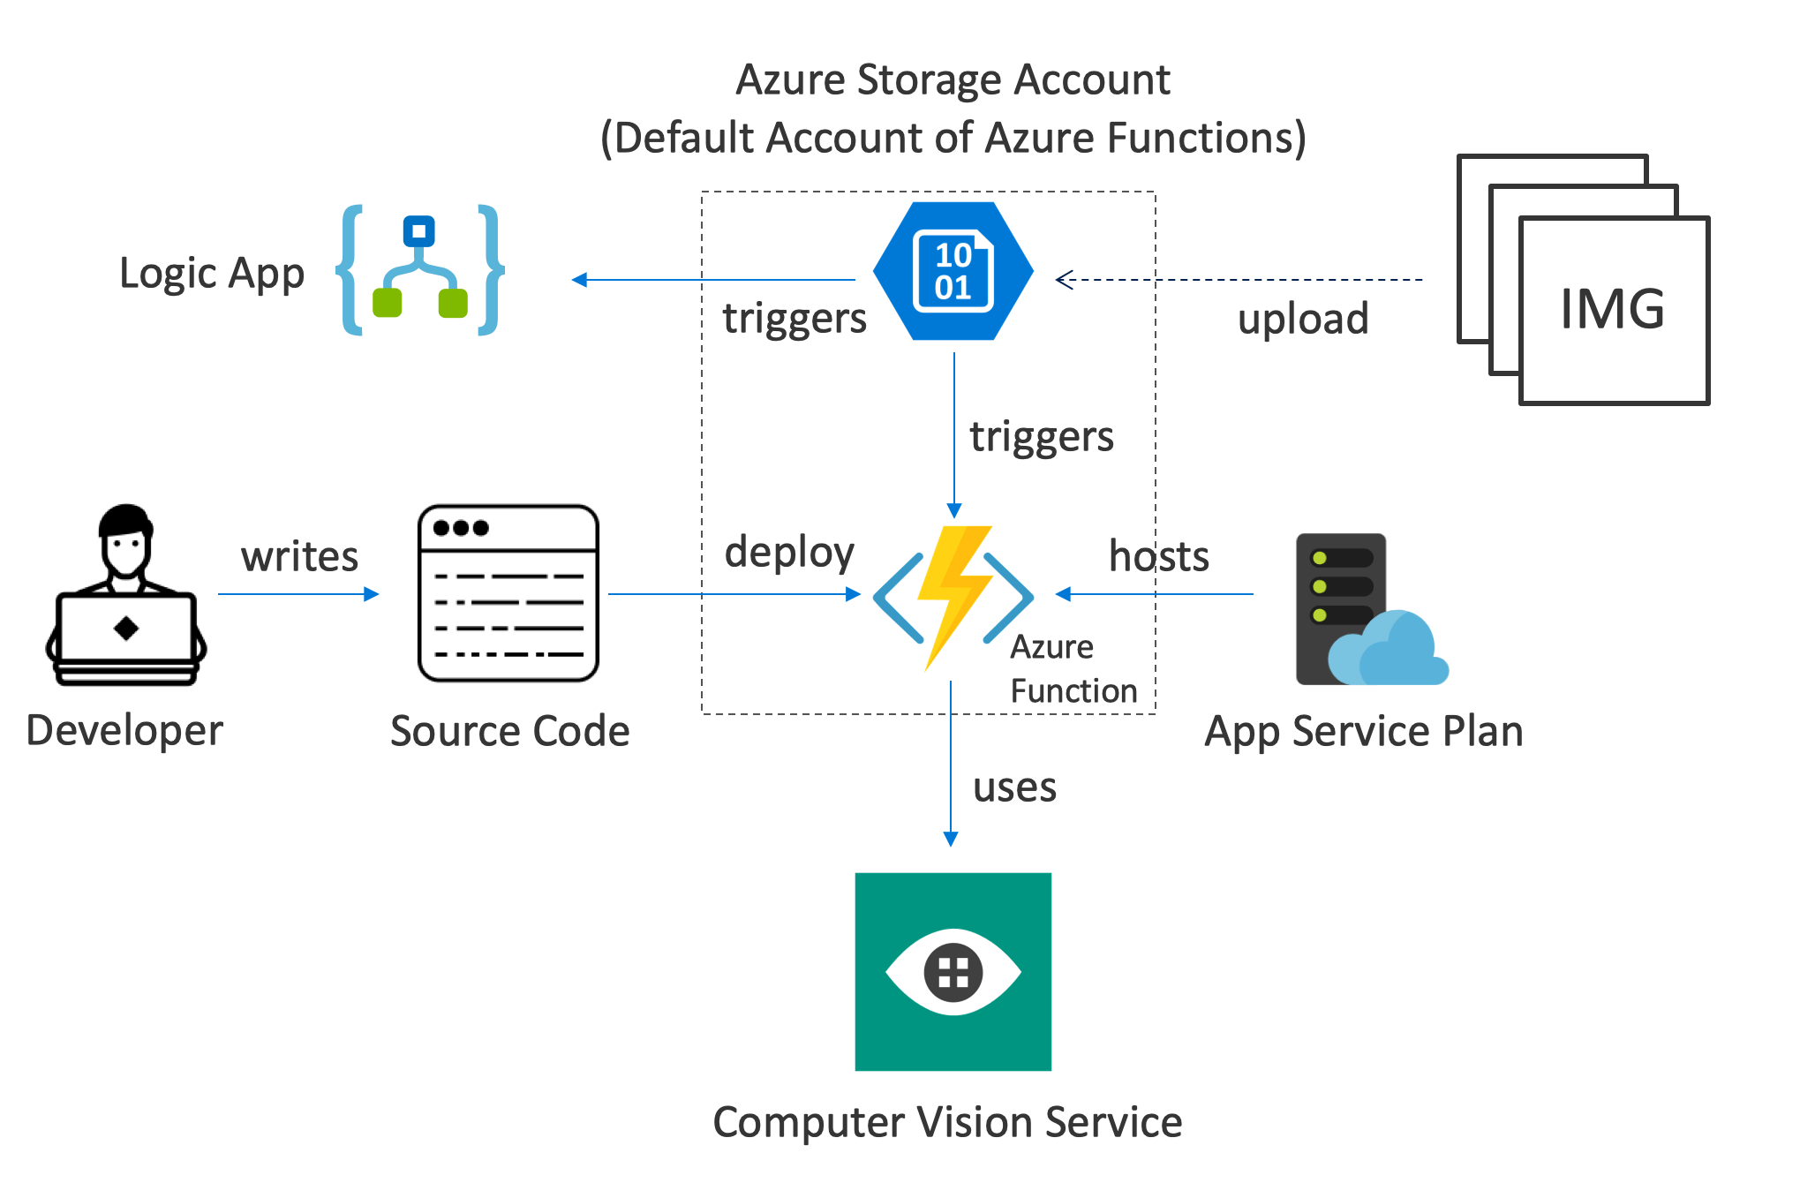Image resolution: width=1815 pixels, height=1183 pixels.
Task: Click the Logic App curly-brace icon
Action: pos(420,270)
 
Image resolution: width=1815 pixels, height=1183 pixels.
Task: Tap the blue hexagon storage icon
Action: pos(953,271)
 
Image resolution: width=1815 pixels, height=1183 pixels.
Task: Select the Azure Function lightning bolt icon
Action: pos(953,596)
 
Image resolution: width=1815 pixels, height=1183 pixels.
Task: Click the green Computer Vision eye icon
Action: pos(953,971)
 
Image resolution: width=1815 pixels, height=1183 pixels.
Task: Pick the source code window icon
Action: pos(508,593)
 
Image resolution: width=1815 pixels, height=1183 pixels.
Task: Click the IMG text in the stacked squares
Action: pos(1613,309)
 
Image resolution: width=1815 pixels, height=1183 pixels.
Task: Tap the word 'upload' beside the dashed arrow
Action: pos(1303,319)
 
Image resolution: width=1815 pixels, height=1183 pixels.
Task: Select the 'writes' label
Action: pos(300,556)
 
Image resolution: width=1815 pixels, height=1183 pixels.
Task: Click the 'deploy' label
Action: pos(789,553)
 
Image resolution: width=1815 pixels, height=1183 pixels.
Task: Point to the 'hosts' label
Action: pos(1159,556)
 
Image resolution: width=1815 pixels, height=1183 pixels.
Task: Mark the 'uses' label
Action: pos(1014,787)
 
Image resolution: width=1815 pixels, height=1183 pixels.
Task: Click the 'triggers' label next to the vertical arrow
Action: pos(1042,437)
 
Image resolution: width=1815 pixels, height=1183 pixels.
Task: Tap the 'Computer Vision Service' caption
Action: pos(947,1122)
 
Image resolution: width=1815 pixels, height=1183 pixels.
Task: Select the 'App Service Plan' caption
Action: pos(1364,731)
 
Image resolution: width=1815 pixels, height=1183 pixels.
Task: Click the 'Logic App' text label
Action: pos(212,274)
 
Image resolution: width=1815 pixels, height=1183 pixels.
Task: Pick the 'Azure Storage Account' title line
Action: pos(953,79)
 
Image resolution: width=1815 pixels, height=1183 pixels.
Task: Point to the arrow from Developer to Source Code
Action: pos(298,594)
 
